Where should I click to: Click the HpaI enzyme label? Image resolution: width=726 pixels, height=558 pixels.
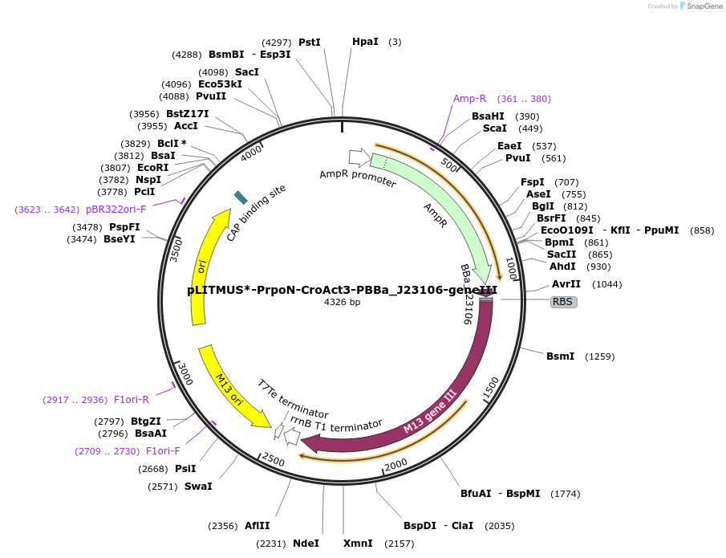click(x=365, y=42)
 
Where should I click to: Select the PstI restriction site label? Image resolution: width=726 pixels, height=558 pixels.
click(x=310, y=42)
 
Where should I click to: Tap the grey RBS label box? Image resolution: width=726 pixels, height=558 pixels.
click(x=563, y=302)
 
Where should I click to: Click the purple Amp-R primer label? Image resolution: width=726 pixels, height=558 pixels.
click(x=470, y=99)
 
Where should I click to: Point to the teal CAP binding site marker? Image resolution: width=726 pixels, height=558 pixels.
click(x=240, y=198)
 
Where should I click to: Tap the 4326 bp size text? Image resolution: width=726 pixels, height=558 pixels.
click(x=343, y=303)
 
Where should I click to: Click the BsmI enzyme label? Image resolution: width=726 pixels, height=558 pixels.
click(x=560, y=356)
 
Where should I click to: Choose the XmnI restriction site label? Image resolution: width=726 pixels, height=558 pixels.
click(x=358, y=544)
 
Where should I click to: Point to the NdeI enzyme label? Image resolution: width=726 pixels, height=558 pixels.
click(x=306, y=544)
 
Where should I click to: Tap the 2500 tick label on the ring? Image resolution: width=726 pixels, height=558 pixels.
click(x=274, y=461)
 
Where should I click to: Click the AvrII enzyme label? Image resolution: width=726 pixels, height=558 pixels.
click(x=566, y=284)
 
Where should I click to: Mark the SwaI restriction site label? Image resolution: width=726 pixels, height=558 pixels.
click(x=198, y=486)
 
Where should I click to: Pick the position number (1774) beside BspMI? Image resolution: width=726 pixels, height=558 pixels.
click(x=566, y=494)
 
